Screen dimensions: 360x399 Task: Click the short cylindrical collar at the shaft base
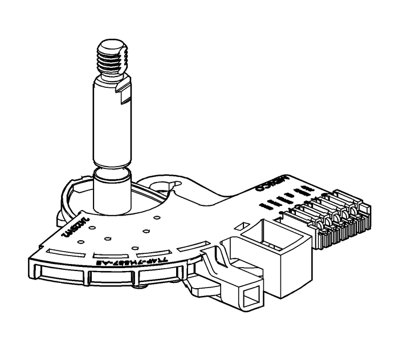113,191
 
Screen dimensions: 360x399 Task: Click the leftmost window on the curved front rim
57,276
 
